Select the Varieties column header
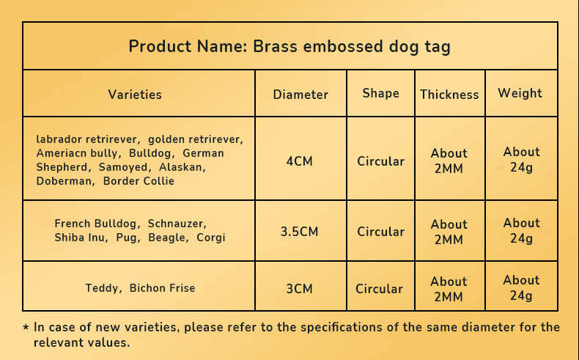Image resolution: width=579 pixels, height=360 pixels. [x=135, y=95]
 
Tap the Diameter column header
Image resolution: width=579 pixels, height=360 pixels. [x=300, y=95]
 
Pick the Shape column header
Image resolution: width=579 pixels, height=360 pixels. [x=380, y=93]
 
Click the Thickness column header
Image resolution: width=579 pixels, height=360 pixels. [x=449, y=95]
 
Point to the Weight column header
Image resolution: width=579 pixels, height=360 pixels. [x=520, y=93]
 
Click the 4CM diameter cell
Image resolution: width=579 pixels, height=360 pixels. [x=300, y=161]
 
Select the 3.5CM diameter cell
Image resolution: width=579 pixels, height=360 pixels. [x=300, y=232]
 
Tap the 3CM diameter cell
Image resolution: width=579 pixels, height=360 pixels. [x=300, y=289]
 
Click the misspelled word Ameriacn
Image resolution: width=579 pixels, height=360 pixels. [x=59, y=153]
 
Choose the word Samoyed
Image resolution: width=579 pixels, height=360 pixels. [x=123, y=167]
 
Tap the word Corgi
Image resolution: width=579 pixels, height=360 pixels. [x=211, y=238]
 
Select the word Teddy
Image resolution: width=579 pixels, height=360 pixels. [x=102, y=288]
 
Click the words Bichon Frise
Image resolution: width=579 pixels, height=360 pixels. [x=162, y=288]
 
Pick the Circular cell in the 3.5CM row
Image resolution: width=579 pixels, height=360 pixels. [x=380, y=232]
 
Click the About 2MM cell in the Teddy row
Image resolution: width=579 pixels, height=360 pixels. [x=449, y=289]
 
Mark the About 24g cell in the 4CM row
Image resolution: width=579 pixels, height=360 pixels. [x=521, y=160]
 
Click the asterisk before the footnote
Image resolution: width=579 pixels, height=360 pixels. [x=26, y=327]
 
